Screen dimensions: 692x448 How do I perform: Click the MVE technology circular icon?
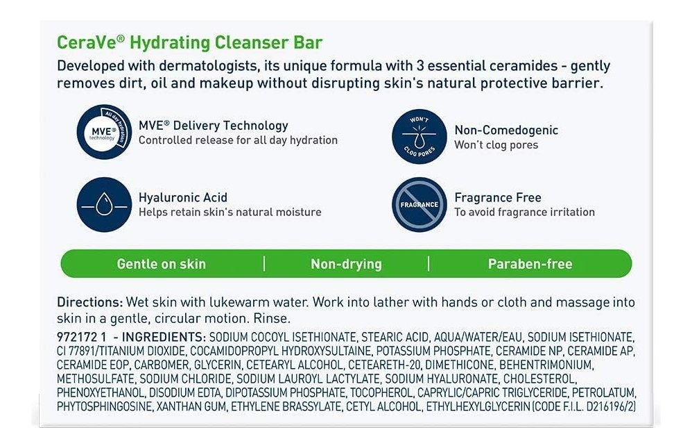tap(104, 132)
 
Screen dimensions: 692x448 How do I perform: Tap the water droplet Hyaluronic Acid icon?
tap(104, 205)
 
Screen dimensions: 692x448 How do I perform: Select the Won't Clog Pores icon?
tap(419, 137)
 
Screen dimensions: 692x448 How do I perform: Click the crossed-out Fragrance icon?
tap(419, 205)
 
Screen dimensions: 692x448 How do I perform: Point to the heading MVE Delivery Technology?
tap(213, 126)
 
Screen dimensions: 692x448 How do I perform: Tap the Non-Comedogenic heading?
tap(506, 130)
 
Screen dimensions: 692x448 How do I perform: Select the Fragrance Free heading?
tap(498, 197)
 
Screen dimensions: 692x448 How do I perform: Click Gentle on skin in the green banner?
tap(162, 264)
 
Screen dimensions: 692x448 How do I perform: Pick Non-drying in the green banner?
tap(347, 264)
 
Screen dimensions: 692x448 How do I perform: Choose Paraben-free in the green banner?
tap(530, 264)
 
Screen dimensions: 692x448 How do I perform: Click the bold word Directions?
tap(90, 303)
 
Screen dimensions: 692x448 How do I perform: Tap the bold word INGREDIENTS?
tap(164, 337)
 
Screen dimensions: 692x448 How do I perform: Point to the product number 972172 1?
tap(82, 337)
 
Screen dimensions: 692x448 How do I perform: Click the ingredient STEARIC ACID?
tap(395, 338)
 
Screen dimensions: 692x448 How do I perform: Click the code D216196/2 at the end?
tap(611, 407)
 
